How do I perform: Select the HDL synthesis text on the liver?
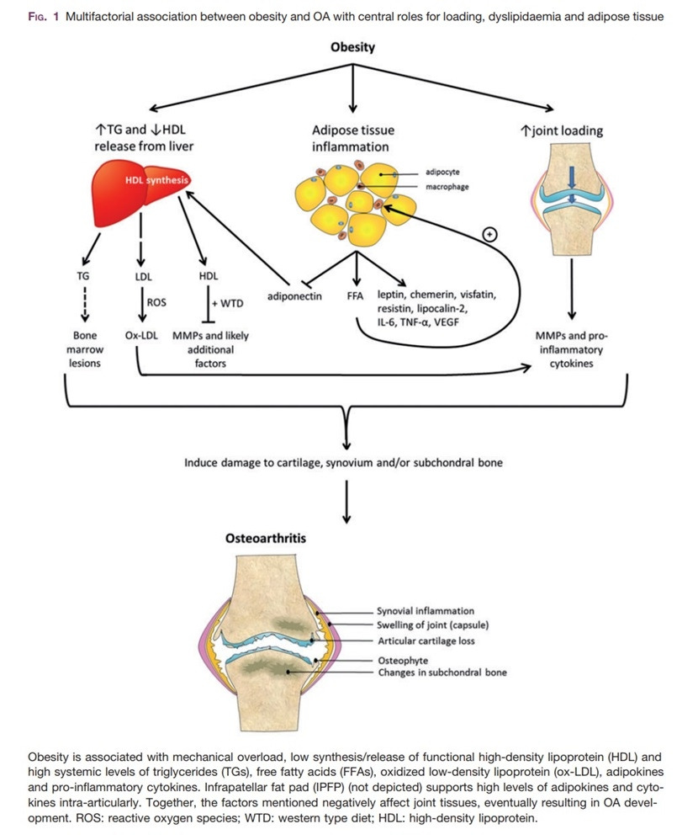tap(156, 180)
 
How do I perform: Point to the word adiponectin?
tap(294, 296)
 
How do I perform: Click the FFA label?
tap(356, 296)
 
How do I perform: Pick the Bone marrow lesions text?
tap(85, 349)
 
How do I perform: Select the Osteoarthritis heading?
tap(267, 540)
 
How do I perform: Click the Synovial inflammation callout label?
tap(426, 610)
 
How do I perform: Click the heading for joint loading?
tap(562, 131)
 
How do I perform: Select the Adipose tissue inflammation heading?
tap(353, 139)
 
